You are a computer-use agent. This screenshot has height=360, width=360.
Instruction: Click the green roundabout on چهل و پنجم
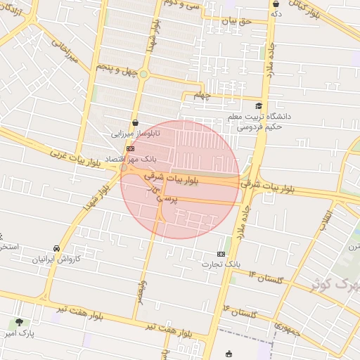143,74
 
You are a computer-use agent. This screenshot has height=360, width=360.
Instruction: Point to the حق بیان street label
236,21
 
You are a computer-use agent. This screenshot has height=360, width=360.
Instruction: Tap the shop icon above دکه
276,4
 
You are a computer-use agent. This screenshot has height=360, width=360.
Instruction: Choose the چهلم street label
202,96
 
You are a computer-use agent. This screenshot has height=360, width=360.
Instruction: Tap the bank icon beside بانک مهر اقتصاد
130,149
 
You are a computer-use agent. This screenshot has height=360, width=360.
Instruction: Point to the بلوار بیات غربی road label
77,156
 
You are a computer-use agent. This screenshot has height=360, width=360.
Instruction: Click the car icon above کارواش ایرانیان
56,249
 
